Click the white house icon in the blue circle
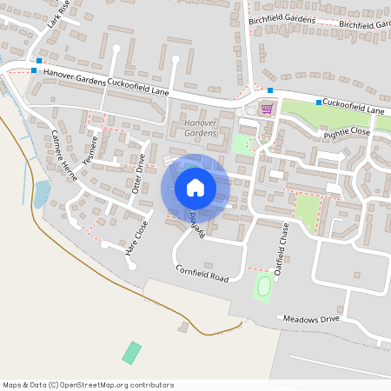click(195, 187)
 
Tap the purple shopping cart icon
click(267, 109)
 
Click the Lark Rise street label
click(58, 15)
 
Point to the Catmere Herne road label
click(65, 155)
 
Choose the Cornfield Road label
click(201, 274)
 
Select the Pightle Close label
click(347, 133)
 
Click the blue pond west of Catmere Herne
click(41, 193)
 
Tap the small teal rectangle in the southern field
click(131, 353)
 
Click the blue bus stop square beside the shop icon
click(270, 90)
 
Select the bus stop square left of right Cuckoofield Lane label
click(319, 103)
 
